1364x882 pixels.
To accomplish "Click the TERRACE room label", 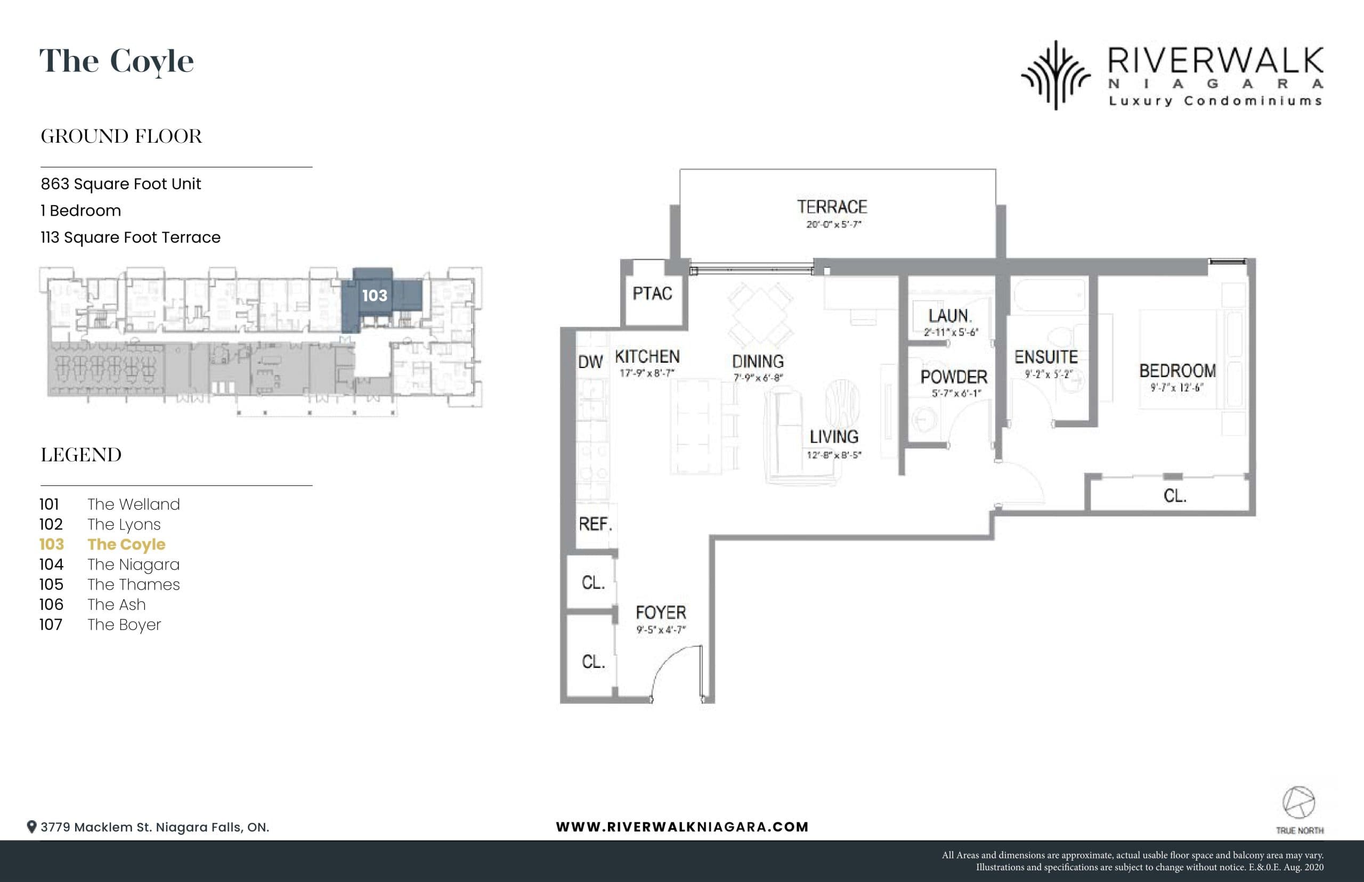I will pyautogui.click(x=832, y=207).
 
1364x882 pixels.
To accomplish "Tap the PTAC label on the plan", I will pyautogui.click(x=652, y=294).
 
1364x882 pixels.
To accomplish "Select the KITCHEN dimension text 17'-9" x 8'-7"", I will pyautogui.click(x=647, y=373).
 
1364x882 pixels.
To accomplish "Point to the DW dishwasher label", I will pyautogui.click(x=590, y=362).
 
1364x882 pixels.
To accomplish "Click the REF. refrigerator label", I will pyautogui.click(x=595, y=524).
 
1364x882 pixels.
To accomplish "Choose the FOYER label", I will pyautogui.click(x=661, y=613).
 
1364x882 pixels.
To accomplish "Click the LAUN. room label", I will pyautogui.click(x=950, y=316).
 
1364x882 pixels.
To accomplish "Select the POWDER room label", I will pyautogui.click(x=954, y=378).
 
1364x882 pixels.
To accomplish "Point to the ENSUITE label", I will pyautogui.click(x=1046, y=357).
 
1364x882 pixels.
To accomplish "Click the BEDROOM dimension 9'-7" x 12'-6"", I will pyautogui.click(x=1176, y=388).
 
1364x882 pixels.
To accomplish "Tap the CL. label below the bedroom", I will pyautogui.click(x=1174, y=496).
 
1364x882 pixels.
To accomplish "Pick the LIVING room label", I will pyautogui.click(x=833, y=437).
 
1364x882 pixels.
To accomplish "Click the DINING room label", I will pyautogui.click(x=757, y=362).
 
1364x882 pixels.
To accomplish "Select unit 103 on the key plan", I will pyautogui.click(x=375, y=296).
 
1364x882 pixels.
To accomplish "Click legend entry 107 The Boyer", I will pyautogui.click(x=100, y=625).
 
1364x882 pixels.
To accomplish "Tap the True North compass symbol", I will pyautogui.click(x=1298, y=803).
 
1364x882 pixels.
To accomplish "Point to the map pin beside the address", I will pyautogui.click(x=32, y=827).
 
